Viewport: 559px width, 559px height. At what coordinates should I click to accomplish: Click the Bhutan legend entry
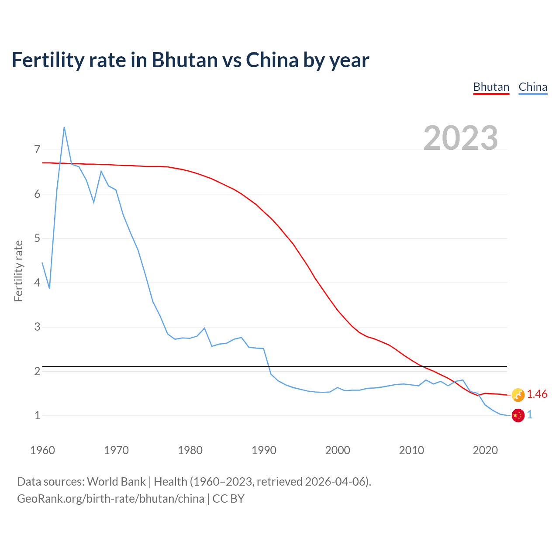tap(491, 87)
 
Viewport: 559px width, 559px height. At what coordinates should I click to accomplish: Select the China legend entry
tap(533, 87)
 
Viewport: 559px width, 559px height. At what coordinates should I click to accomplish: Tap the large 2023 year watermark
tap(461, 138)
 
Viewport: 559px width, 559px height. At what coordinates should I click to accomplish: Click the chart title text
tap(190, 60)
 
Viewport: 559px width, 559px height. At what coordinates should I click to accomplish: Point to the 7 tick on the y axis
tap(37, 150)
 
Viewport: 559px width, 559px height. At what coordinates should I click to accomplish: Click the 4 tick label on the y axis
tap(37, 283)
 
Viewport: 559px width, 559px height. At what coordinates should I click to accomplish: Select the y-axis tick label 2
tap(37, 371)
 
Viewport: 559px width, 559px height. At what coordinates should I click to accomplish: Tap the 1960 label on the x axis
tap(42, 450)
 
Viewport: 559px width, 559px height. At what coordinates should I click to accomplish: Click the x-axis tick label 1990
tap(264, 450)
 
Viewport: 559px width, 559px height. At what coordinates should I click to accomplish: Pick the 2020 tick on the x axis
tap(485, 450)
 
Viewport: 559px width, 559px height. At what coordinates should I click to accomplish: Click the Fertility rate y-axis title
tap(18, 271)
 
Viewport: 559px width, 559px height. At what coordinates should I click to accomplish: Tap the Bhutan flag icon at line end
tap(518, 395)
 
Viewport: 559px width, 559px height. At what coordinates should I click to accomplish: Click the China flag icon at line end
tap(518, 415)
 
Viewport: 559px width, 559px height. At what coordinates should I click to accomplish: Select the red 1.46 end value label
tap(537, 394)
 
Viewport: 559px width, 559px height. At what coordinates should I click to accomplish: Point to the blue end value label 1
tap(530, 415)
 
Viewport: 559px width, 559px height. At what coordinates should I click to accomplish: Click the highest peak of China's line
tap(64, 127)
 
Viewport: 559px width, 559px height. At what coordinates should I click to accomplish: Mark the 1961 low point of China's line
tap(49, 288)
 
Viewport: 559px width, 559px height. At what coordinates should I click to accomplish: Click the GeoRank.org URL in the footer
tap(110, 499)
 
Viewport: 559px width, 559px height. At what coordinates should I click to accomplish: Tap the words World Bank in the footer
tap(116, 482)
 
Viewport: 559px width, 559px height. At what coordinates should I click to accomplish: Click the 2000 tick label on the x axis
tap(338, 450)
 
